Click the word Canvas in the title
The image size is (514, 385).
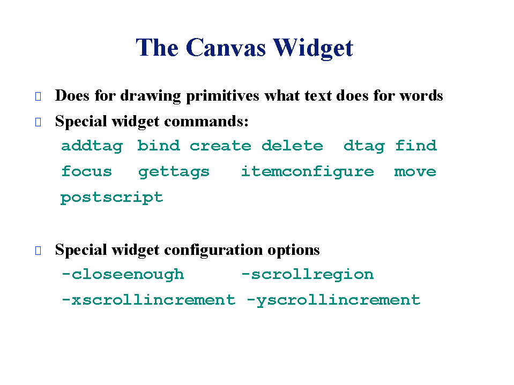(226, 48)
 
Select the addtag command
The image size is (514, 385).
(92, 146)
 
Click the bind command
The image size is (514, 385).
(159, 145)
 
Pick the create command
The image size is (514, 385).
(221, 146)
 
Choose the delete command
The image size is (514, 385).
(293, 145)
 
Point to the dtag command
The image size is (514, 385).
(364, 146)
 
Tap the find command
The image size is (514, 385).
(416, 145)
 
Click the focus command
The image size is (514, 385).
(87, 171)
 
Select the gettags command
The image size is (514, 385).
(174, 172)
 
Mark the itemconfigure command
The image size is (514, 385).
(308, 171)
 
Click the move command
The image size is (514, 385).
(415, 172)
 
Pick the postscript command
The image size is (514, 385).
(112, 198)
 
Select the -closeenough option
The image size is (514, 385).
(123, 275)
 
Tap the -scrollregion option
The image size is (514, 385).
(308, 275)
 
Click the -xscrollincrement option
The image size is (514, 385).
(148, 300)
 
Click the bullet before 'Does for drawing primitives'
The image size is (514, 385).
(38, 96)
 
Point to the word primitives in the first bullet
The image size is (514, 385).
(222, 96)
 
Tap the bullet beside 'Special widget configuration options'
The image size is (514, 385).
(38, 251)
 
